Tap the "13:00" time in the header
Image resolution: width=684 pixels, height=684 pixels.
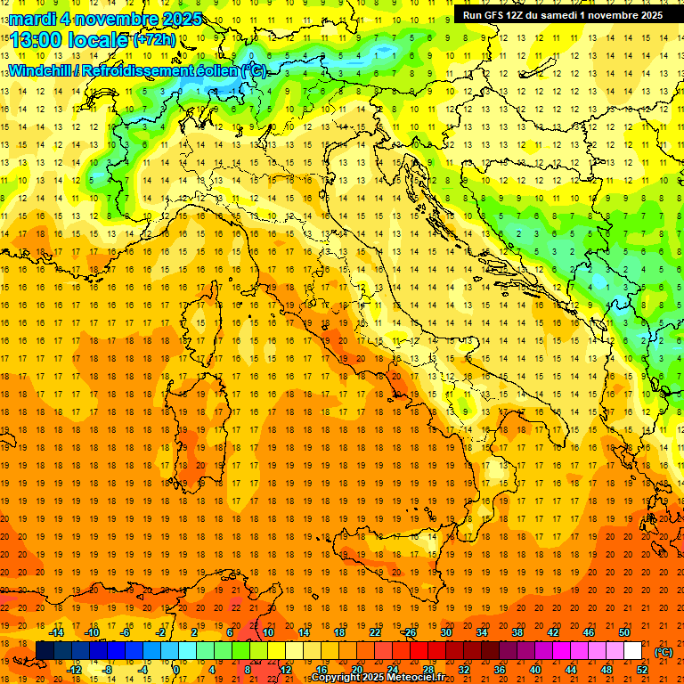point(36,39)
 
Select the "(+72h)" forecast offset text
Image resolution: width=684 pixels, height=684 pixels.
point(155,40)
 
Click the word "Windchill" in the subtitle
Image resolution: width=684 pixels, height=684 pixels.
point(42,70)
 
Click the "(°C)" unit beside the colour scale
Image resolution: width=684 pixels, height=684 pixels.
point(664,651)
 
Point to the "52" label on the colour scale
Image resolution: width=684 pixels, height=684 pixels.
point(642,669)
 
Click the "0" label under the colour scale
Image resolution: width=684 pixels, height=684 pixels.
point(176,669)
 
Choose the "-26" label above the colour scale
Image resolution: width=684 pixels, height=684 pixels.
point(409,632)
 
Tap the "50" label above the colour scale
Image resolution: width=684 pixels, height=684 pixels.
point(623,632)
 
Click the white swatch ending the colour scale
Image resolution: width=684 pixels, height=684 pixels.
point(632,650)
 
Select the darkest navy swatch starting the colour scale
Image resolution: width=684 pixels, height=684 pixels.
point(45,650)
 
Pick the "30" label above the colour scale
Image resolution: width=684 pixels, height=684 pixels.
point(445,632)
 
